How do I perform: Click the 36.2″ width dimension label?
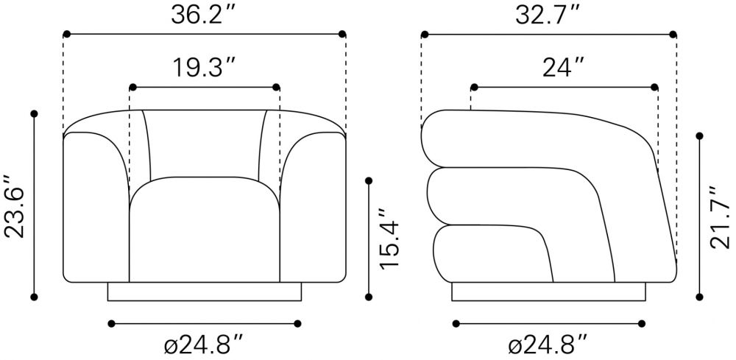pyautogui.click(x=203, y=15)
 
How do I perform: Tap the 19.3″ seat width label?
pyautogui.click(x=205, y=68)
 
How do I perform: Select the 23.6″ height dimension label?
pyautogui.click(x=15, y=207)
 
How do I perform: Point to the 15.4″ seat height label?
pyautogui.click(x=389, y=239)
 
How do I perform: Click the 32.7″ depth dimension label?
pyautogui.click(x=548, y=15)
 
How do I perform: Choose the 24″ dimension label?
pyautogui.click(x=563, y=68)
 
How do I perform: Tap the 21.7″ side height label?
pyautogui.click(x=720, y=217)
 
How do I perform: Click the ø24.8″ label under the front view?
pyautogui.click(x=204, y=345)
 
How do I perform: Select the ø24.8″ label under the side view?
pyautogui.click(x=548, y=345)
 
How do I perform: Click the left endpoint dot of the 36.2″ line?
pyautogui.click(x=67, y=34)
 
